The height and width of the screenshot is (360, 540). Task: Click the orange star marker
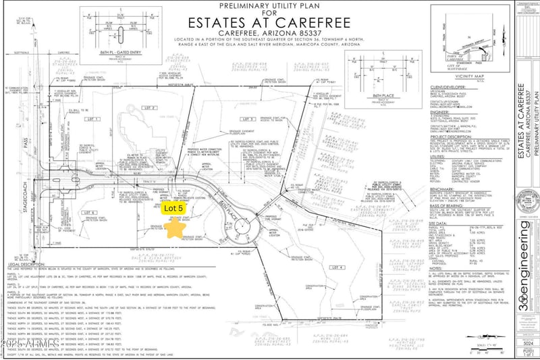(177, 227)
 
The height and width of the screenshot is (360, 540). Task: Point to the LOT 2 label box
(150, 108)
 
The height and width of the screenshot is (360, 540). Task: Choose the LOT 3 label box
(230, 101)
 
